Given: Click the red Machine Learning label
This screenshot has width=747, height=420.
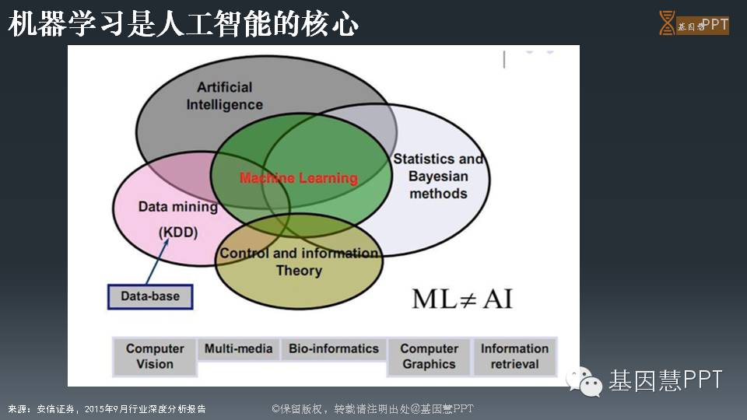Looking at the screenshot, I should click(299, 178).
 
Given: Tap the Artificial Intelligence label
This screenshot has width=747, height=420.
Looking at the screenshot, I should click(224, 96).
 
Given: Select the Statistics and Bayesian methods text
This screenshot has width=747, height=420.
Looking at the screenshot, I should click(438, 176).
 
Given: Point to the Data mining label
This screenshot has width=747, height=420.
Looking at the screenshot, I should click(178, 207).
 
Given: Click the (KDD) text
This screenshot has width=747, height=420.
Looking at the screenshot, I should click(178, 233).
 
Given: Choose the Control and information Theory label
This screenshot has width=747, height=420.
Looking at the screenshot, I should click(299, 261).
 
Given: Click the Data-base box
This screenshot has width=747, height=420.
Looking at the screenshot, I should click(149, 296).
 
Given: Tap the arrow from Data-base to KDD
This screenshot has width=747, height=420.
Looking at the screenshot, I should click(158, 262).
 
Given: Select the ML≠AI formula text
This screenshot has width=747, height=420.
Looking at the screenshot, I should click(462, 299).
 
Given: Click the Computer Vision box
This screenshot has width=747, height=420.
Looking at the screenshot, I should click(155, 356).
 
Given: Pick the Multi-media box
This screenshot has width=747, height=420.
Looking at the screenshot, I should click(238, 349).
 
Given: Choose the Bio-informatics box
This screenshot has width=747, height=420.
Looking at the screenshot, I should click(334, 349).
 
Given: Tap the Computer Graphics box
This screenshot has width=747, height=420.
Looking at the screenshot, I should click(429, 356).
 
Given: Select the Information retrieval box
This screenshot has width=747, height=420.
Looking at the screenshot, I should click(514, 356).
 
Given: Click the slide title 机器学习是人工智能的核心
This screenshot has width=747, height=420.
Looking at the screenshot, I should click(184, 25).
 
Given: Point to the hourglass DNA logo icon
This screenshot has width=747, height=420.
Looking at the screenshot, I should click(667, 23).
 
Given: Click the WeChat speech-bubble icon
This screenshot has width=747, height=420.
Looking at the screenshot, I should click(584, 380).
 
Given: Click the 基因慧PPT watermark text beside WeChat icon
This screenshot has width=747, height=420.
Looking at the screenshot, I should click(665, 380).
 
